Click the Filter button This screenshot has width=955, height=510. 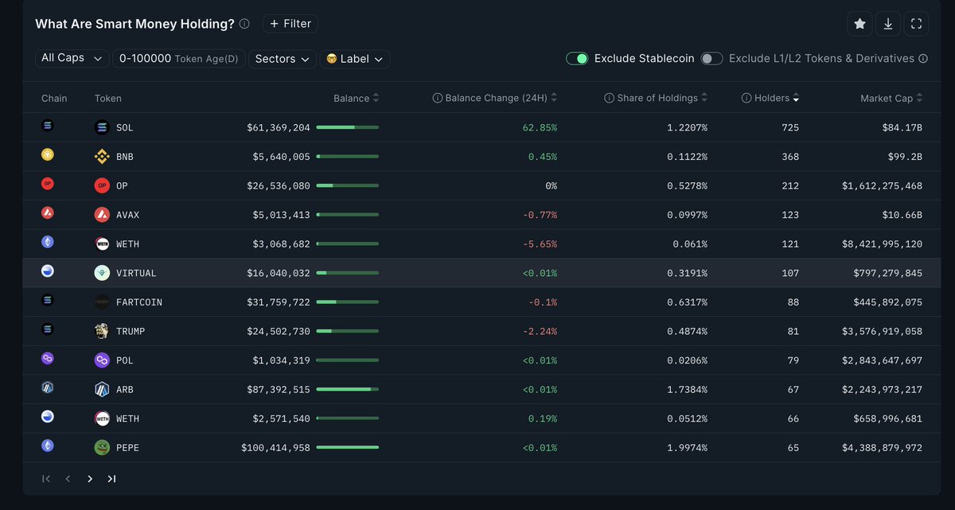tap(290, 24)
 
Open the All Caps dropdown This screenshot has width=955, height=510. tap(72, 58)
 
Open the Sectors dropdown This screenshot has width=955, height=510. tap(283, 59)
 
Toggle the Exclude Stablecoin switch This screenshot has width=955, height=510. tap(577, 58)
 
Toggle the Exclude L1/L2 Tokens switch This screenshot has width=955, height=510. tap(711, 58)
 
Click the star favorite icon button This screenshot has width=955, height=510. tap(859, 24)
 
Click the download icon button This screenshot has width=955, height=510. tap(888, 24)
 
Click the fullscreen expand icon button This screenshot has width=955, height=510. tap(916, 24)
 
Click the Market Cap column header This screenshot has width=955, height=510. tap(886, 98)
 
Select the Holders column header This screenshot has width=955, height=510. tap(771, 98)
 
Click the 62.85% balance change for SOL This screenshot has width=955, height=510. tap(538, 127)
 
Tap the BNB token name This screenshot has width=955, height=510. tap(124, 157)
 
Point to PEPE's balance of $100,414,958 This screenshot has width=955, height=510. tap(275, 448)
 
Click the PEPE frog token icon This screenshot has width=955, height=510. tap(102, 448)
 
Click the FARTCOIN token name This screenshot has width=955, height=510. tap(138, 302)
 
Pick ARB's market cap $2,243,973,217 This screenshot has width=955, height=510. tap(882, 390)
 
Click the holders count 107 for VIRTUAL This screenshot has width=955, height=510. tap(789, 273)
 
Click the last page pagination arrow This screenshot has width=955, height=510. tap(111, 479)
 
